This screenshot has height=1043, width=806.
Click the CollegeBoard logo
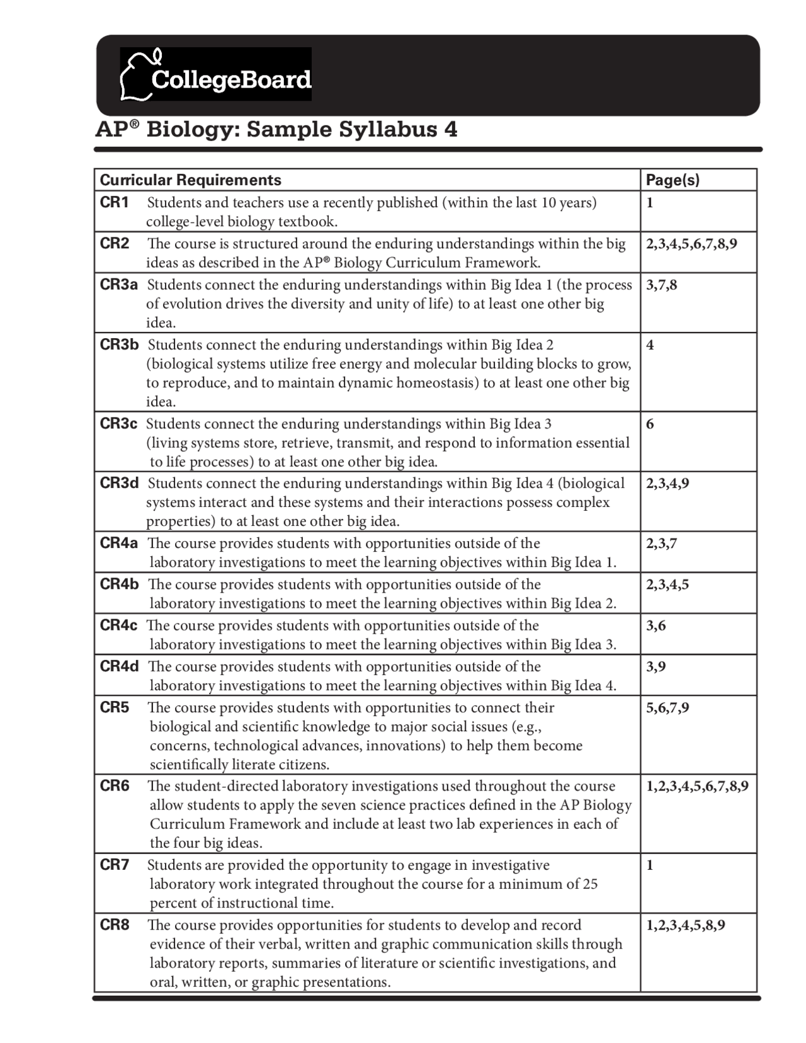tap(215, 74)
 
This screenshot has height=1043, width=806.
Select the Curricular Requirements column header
tap(190, 180)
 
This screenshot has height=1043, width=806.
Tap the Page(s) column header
tap(672, 180)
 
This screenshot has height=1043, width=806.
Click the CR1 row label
tap(114, 202)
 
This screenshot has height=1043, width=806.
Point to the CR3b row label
tap(119, 345)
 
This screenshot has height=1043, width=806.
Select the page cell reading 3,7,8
tap(661, 285)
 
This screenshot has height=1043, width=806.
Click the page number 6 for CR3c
tap(650, 424)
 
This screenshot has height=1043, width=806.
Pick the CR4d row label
tap(119, 666)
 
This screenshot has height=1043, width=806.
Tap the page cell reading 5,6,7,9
tap(667, 707)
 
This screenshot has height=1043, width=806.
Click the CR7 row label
tap(115, 865)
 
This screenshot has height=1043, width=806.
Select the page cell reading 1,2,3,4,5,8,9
tap(685, 925)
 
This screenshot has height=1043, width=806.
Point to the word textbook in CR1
tap(307, 222)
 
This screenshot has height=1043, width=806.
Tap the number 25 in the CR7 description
tap(589, 884)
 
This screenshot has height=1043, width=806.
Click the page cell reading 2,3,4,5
tap(667, 584)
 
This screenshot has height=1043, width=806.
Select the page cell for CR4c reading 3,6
tap(656, 625)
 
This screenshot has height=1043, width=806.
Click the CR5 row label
tap(114, 707)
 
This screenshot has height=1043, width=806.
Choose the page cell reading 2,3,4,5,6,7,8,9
tap(691, 244)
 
